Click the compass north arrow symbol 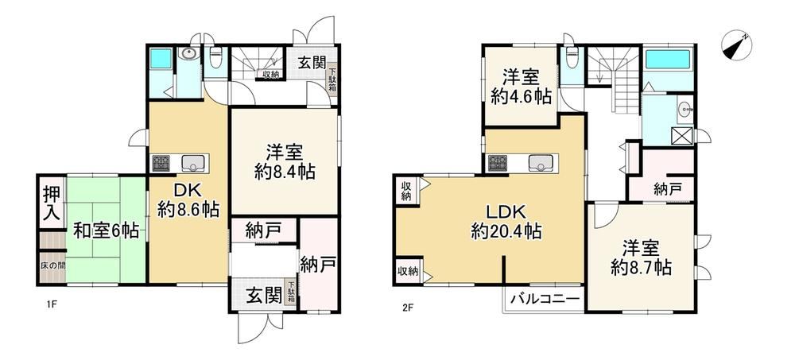click(x=737, y=45)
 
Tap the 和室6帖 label click(x=106, y=231)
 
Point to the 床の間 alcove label click(x=52, y=265)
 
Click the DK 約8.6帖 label click(x=188, y=199)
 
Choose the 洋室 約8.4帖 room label click(x=285, y=162)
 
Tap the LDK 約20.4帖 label click(x=506, y=222)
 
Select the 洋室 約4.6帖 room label click(x=521, y=87)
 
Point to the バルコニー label click(x=545, y=298)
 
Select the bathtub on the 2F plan click(x=669, y=60)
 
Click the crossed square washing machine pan click(x=681, y=135)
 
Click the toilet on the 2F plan click(x=571, y=56)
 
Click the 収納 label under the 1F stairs click(x=271, y=75)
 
